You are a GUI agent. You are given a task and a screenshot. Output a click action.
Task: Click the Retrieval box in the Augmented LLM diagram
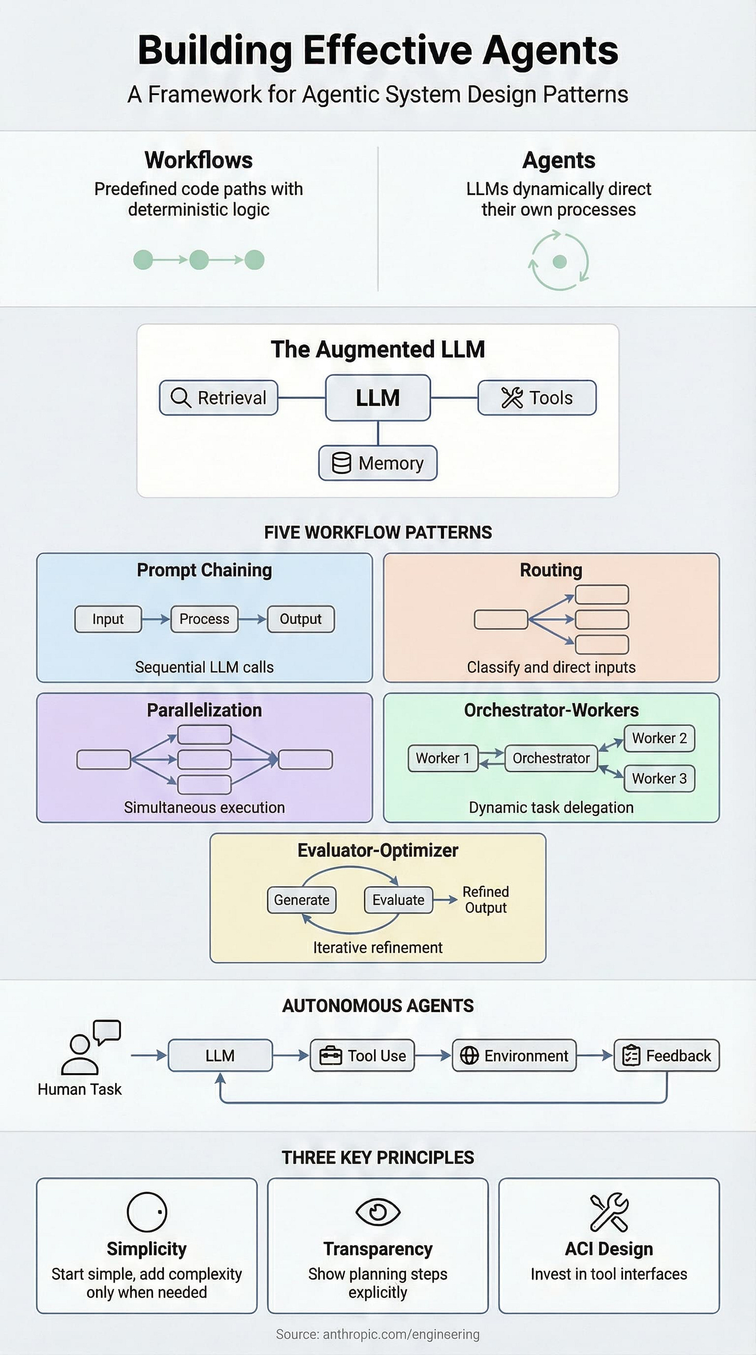218,398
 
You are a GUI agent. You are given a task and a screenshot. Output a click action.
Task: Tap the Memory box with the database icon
377,463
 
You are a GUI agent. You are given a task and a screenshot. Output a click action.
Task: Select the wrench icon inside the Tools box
511,398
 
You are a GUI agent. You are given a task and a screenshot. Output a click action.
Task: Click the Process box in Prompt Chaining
204,619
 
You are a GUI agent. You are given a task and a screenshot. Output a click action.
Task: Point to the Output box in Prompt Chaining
300,619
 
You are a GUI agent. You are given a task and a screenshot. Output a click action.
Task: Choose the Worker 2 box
659,738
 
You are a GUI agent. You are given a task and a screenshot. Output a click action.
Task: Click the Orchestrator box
550,758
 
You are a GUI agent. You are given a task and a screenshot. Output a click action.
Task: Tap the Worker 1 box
443,758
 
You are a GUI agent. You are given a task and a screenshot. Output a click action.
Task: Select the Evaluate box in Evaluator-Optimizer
398,900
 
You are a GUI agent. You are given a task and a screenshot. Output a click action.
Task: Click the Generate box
301,900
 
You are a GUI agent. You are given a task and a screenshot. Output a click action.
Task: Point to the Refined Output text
485,900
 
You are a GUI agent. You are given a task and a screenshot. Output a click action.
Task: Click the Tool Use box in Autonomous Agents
362,1055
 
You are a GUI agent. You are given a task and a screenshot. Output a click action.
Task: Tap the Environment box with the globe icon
514,1055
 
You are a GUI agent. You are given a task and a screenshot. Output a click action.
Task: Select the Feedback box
666,1055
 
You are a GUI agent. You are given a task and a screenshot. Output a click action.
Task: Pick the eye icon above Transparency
377,1212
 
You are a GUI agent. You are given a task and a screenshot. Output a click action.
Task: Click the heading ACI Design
608,1249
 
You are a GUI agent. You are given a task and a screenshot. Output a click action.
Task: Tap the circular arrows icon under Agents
559,261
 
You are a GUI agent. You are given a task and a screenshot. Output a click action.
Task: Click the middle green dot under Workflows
199,259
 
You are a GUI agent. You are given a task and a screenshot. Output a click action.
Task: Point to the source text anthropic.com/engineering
377,1334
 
